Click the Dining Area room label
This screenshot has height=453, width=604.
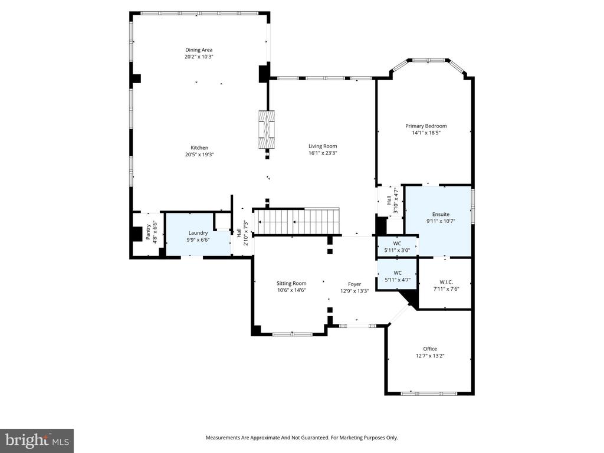[198, 50]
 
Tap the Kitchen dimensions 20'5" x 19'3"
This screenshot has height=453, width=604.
[199, 154]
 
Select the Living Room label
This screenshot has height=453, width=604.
[323, 146]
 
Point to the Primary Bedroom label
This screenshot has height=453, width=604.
[426, 126]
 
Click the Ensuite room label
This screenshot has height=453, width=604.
[441, 214]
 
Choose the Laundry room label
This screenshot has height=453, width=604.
[198, 233]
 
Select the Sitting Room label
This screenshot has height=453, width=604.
[291, 283]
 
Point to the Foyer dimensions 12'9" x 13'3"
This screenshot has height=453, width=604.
[354, 291]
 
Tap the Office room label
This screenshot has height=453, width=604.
[430, 349]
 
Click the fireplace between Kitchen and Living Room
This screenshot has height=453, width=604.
[267, 130]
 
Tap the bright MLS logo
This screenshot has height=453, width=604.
[37, 440]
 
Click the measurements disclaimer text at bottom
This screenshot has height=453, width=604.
[301, 438]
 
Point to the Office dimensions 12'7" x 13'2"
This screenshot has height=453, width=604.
[430, 356]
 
